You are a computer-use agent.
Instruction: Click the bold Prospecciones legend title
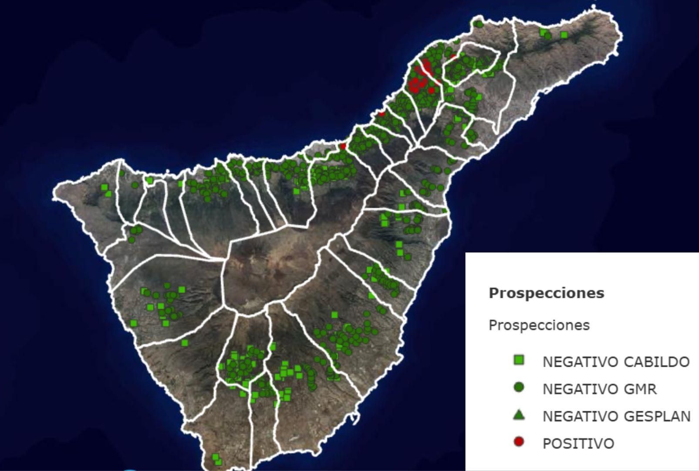546,293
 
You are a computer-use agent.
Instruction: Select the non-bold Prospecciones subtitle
539,325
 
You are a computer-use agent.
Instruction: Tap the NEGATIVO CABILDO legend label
616,362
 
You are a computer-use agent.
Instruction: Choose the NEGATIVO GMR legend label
599,389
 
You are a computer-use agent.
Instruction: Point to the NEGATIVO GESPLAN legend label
616,416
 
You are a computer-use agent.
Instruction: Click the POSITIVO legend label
578,444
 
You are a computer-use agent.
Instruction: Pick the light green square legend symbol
519,360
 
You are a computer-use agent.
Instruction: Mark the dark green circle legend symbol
519,387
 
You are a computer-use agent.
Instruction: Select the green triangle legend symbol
519,415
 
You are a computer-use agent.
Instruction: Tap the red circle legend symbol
519,442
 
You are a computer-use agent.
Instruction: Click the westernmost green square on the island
104,188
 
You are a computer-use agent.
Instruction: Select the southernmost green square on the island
218,462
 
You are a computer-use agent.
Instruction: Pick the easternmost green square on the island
564,35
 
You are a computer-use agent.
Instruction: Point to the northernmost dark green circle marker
479,24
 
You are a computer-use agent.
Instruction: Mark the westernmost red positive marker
343,146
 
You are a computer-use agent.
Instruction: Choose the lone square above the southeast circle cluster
334,315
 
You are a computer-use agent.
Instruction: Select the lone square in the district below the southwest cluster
185,343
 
